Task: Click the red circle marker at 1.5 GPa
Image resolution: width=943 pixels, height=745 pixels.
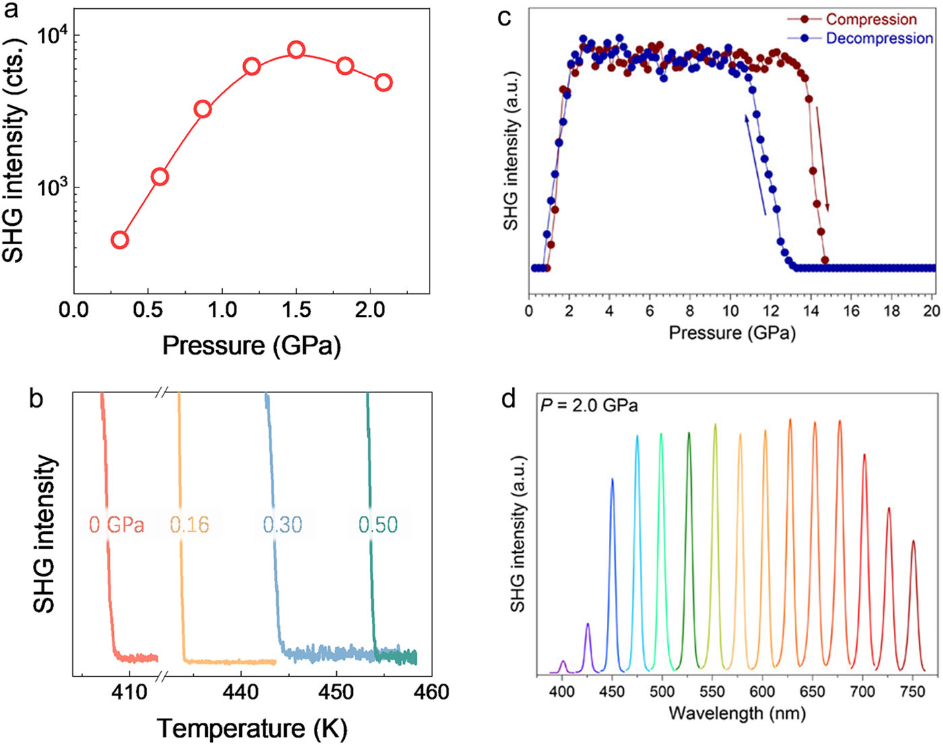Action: [296, 50]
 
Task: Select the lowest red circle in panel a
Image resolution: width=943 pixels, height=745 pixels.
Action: [120, 240]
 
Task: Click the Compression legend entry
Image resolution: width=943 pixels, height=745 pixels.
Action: [871, 20]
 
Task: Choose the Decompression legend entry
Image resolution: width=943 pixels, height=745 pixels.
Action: [879, 38]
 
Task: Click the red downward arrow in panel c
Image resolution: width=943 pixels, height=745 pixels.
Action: [822, 158]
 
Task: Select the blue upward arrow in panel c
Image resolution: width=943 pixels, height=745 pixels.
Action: [755, 165]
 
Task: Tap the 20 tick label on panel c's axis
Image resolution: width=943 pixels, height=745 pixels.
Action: [932, 311]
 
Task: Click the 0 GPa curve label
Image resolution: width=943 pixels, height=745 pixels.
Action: [117, 525]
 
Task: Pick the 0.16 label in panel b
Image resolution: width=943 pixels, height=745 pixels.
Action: [189, 525]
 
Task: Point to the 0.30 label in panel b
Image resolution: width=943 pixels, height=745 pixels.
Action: [282, 525]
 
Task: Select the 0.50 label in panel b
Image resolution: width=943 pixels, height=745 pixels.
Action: [378, 525]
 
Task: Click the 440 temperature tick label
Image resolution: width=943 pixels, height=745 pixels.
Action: [240, 692]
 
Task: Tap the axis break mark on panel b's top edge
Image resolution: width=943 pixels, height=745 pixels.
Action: [162, 392]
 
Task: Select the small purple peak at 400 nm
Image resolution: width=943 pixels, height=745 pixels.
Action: [563, 666]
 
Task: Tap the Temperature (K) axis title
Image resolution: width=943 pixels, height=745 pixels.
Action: [252, 729]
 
